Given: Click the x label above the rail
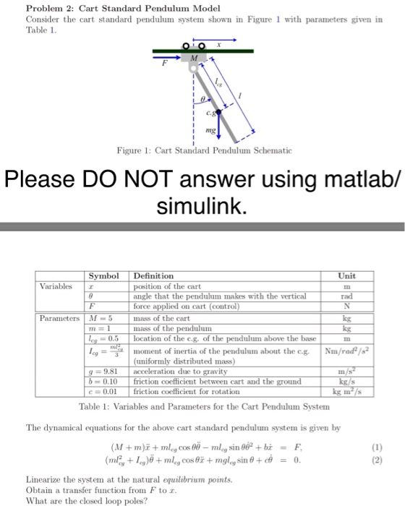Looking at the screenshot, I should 218,43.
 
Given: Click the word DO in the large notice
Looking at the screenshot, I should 137,177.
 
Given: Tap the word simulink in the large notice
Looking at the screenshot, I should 202,207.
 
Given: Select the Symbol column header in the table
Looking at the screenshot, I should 103,275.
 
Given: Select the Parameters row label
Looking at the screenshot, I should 60,320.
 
